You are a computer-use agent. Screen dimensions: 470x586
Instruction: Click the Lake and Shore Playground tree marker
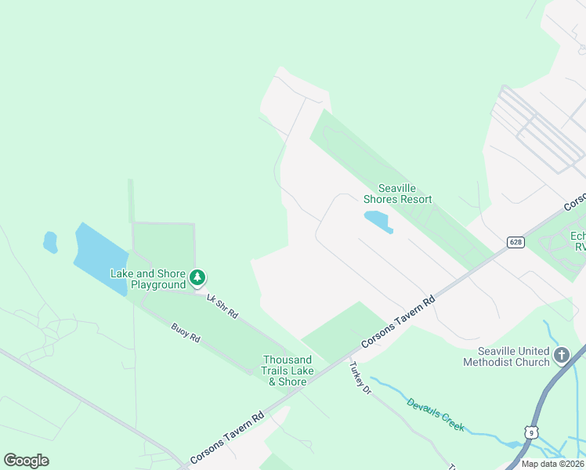(x=198, y=277)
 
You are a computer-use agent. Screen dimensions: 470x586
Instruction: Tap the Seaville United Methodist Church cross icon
(x=561, y=356)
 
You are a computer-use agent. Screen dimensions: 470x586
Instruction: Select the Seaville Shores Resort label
(x=405, y=193)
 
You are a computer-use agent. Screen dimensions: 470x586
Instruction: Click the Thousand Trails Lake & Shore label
(x=288, y=371)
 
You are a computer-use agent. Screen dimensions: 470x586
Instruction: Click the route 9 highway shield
(x=532, y=432)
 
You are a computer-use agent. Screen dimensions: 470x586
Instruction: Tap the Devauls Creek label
(x=435, y=414)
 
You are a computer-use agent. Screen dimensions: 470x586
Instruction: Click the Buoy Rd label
(x=186, y=332)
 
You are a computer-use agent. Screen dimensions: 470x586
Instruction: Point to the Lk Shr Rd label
(x=222, y=305)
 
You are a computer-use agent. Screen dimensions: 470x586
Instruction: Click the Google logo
(x=27, y=461)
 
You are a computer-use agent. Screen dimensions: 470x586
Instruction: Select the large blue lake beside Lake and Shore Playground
(x=100, y=257)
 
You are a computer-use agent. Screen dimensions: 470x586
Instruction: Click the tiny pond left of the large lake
(x=50, y=242)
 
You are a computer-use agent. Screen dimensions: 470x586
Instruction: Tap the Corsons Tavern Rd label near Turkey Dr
(x=398, y=322)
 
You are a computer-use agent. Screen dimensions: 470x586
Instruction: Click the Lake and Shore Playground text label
(x=148, y=279)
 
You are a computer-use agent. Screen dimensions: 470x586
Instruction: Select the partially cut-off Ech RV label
(x=578, y=240)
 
